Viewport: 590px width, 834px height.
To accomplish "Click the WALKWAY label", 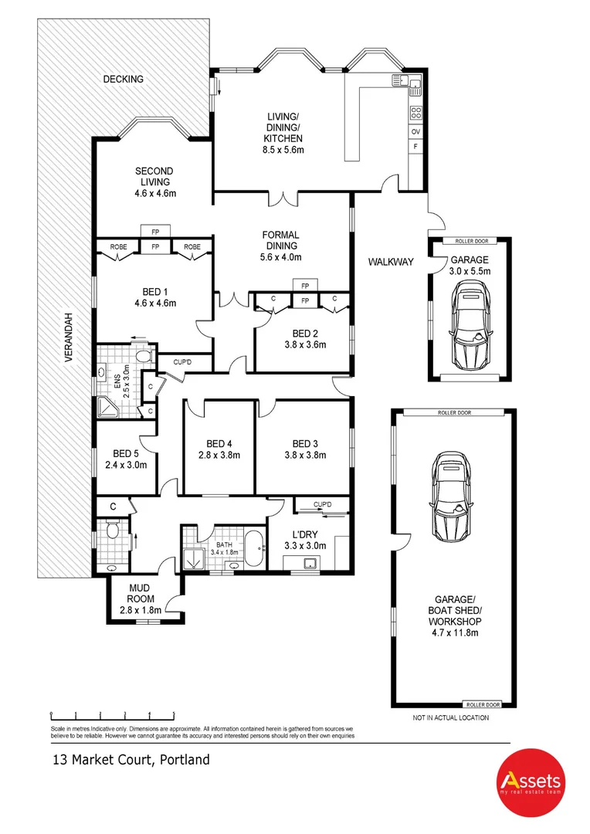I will point(390,263).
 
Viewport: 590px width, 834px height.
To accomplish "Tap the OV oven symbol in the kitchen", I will point(415,131).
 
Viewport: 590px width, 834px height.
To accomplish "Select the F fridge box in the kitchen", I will point(415,146).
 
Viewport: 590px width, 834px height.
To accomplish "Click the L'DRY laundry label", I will point(308,535).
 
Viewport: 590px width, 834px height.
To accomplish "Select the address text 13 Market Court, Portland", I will point(131,760).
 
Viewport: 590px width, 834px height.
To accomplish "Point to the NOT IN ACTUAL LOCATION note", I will point(451,717).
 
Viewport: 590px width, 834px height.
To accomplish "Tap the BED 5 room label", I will point(125,454).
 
